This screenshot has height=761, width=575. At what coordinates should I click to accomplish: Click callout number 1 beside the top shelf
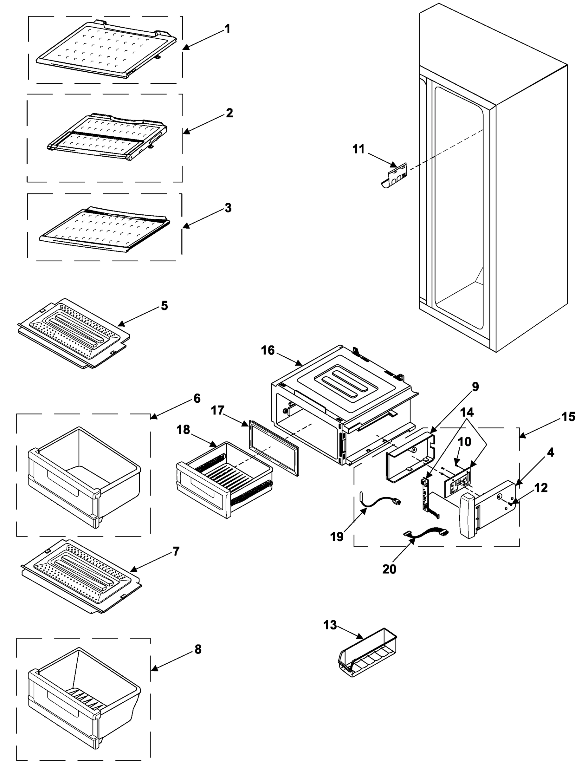point(227,29)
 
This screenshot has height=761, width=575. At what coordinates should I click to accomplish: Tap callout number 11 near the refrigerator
point(358,149)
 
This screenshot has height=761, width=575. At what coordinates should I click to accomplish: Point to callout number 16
point(268,350)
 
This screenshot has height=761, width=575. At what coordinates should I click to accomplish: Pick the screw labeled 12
point(510,503)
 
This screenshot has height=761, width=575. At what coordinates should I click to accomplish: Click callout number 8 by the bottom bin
point(198,649)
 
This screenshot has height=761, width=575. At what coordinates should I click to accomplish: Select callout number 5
point(165,305)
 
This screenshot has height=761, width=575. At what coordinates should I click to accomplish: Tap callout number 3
point(228,208)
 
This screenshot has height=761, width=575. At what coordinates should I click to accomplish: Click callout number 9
point(475,387)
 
